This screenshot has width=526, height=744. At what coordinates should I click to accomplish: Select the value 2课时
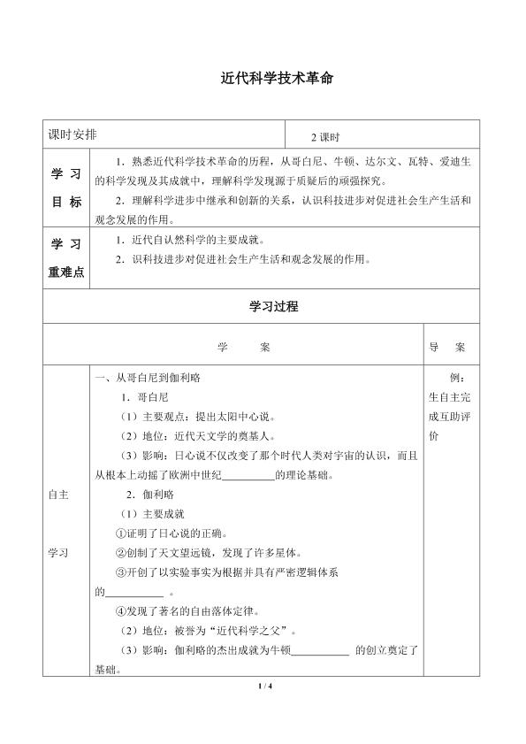pyautogui.click(x=325, y=137)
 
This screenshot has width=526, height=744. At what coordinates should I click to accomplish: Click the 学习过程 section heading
pyautogui.click(x=263, y=307)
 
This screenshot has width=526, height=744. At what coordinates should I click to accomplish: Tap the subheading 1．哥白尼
pyautogui.click(x=145, y=397)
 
